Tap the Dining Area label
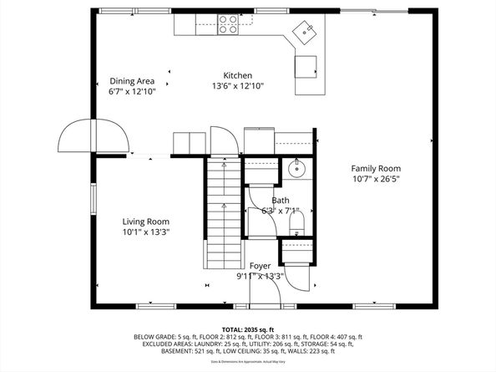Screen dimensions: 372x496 [132, 81]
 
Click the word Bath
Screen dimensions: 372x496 [280, 200]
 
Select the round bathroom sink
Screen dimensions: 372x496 [297, 169]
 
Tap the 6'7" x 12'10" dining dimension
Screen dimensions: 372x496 [132, 92]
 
